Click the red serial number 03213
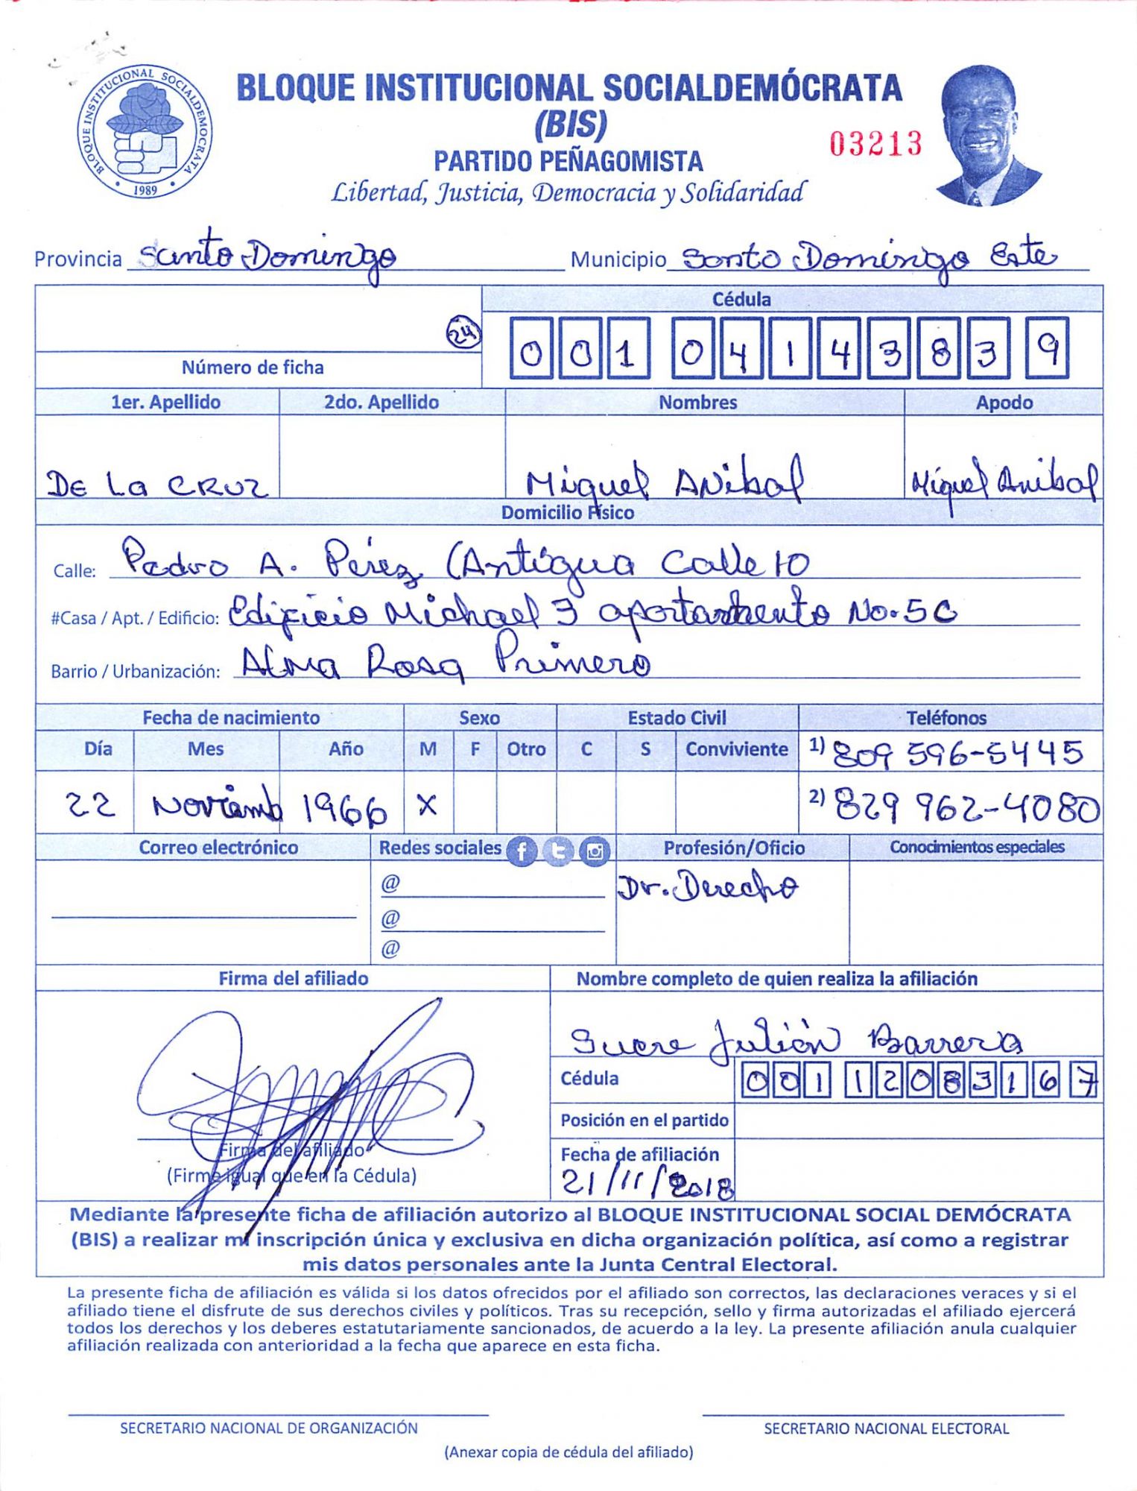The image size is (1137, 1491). point(875,144)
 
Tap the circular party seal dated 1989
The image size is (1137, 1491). point(145,131)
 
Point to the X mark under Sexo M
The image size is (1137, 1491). point(427,805)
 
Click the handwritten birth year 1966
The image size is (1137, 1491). point(344,807)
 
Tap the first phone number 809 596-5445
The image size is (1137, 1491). point(957,754)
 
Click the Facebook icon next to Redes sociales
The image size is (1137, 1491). point(522,851)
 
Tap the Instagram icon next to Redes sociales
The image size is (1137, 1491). point(595,851)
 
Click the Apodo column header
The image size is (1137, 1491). point(1004,403)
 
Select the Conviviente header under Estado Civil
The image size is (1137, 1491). point(736,749)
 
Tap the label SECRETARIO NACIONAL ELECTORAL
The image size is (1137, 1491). point(886,1428)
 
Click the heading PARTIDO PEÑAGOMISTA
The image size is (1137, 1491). point(568,161)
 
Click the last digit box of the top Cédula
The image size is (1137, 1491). point(1047,347)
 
